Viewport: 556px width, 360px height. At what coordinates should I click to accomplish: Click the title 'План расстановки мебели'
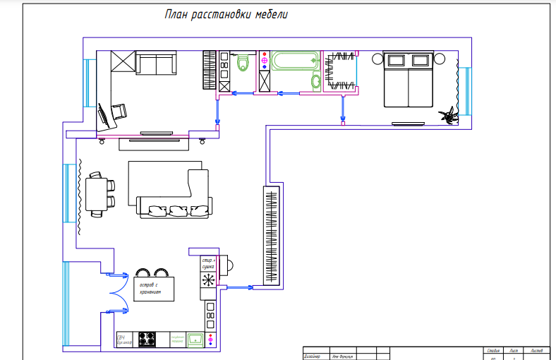pos(226,15)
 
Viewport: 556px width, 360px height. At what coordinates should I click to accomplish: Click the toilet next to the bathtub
pos(315,82)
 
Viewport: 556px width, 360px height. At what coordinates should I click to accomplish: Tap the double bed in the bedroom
pos(407,79)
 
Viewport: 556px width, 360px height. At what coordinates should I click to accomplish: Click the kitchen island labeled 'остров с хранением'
pos(153,287)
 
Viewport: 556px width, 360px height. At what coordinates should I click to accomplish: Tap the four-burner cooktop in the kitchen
pos(147,340)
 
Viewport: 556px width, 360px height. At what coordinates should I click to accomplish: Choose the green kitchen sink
pos(195,340)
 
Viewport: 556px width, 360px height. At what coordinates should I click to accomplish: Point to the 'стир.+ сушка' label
pos(208,263)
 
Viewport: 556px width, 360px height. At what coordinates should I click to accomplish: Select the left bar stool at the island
pos(143,272)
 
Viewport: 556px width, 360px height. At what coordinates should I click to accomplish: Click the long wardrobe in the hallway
pos(272,235)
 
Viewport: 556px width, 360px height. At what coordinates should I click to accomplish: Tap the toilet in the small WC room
pos(244,64)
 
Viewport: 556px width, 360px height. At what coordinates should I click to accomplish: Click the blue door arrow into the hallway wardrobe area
pos(240,287)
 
